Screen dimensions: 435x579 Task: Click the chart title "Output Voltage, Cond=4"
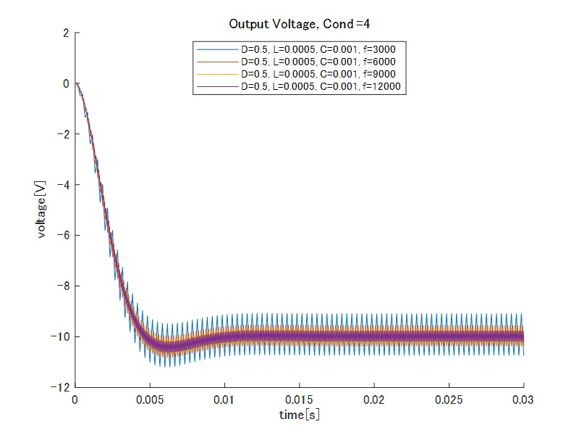(x=300, y=24)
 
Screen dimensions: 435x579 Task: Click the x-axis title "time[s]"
(x=300, y=415)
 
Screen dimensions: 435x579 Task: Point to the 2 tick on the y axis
(x=66, y=33)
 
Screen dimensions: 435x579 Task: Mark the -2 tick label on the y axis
(x=64, y=134)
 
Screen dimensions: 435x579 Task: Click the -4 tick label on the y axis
(x=64, y=185)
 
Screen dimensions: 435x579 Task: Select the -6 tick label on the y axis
(x=64, y=236)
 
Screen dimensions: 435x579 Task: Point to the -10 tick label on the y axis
(x=61, y=336)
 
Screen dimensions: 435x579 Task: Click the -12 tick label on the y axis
(x=61, y=387)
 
